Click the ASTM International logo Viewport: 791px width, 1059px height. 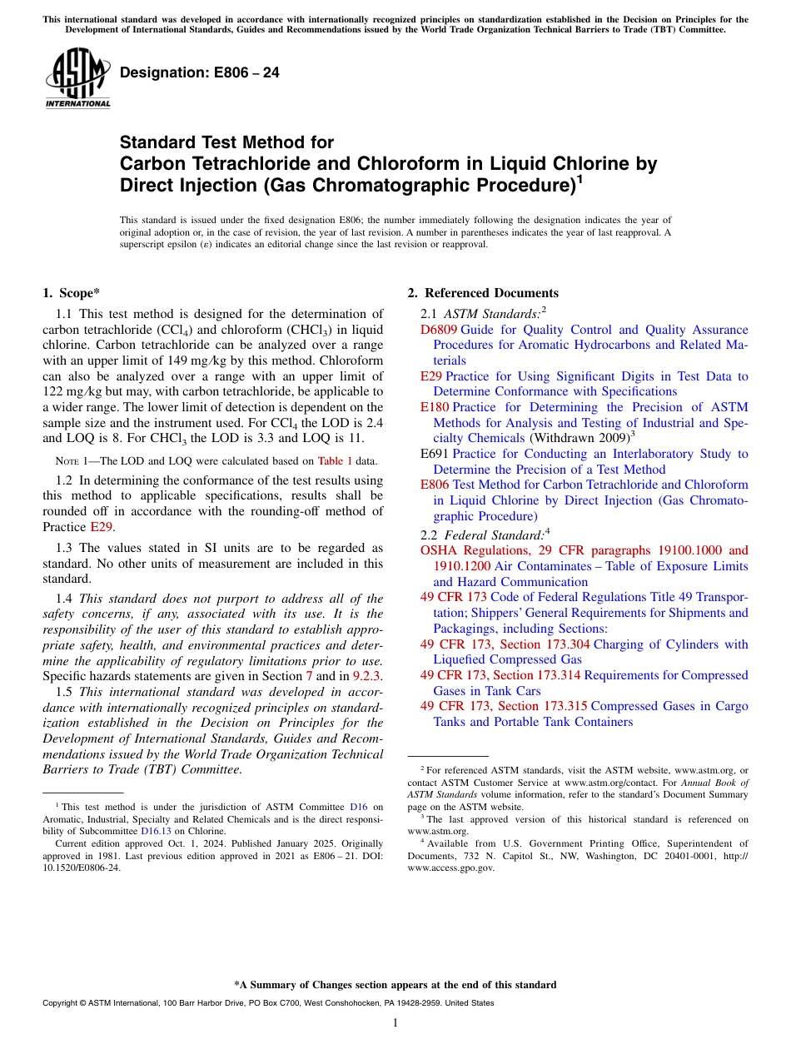77,78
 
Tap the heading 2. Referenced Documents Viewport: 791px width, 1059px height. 483,293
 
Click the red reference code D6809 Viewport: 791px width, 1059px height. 438,330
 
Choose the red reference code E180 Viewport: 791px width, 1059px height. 435,407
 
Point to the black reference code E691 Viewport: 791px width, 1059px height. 435,454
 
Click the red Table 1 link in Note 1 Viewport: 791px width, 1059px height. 336,460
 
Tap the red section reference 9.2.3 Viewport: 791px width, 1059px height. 366,676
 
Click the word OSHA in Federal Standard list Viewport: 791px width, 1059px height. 440,550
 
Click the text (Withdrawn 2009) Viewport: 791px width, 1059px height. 578,438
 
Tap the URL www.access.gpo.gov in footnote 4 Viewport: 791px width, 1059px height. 450,868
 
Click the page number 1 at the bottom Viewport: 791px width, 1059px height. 395,1023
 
